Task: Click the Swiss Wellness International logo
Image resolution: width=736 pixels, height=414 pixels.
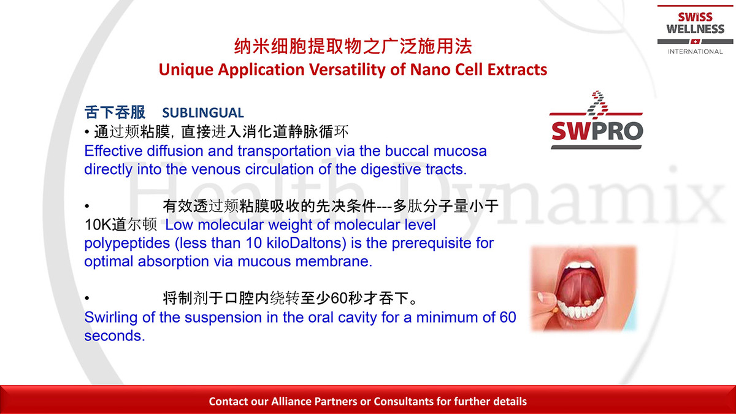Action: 695,29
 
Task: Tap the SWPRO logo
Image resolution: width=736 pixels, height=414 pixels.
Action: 596,120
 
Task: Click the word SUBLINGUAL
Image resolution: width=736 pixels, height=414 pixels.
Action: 203,113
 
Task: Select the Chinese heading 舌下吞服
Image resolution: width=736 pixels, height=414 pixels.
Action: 115,112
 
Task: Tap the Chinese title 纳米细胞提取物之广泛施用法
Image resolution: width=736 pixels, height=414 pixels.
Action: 353,46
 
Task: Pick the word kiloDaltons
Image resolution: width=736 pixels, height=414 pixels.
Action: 307,243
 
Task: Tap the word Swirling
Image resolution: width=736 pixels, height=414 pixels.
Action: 111,318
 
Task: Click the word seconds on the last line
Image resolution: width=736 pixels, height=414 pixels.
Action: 114,336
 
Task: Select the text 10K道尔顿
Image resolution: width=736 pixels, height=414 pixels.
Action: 121,225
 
